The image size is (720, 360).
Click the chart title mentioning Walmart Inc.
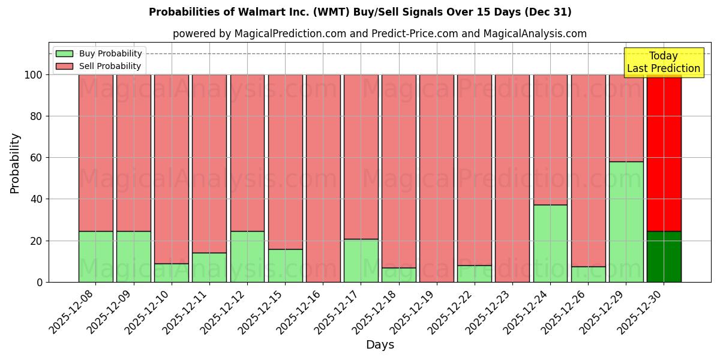point(360,12)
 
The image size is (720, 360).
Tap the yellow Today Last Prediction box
point(663,62)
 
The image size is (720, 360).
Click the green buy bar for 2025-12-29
point(626,221)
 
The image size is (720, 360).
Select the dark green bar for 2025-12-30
point(664,256)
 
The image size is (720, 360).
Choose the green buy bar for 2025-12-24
point(550,243)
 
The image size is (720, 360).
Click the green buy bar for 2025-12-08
point(95,256)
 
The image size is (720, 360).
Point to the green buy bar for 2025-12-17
point(361,260)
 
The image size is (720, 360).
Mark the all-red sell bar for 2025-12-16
point(323,178)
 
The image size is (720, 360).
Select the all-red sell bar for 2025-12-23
point(512,178)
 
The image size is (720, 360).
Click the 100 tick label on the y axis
point(33,75)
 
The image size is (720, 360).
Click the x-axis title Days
point(380,345)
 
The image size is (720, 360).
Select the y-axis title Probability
point(15,163)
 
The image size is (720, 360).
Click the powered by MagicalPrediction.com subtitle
point(380,34)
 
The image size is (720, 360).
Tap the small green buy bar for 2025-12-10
point(171,273)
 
